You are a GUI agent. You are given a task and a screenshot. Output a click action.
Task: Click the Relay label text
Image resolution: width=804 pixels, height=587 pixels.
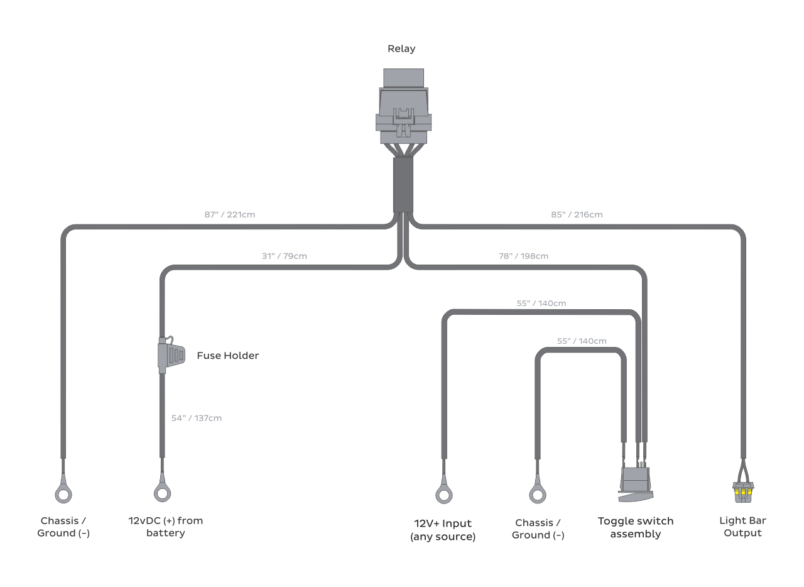(x=401, y=48)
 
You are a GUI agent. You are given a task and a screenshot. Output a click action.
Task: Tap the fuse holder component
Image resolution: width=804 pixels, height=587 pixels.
(x=171, y=355)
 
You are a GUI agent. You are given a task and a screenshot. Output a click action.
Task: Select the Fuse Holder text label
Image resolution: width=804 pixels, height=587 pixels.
(x=227, y=356)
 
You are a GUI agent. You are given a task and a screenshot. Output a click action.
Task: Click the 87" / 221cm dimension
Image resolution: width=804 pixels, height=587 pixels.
(x=230, y=214)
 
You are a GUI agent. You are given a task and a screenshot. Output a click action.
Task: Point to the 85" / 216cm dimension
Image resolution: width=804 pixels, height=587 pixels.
(x=577, y=214)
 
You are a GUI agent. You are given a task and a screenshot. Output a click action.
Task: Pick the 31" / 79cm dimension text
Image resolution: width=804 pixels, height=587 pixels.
(x=285, y=256)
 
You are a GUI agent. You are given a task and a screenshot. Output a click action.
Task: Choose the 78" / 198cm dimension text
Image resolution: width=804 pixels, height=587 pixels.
(x=524, y=256)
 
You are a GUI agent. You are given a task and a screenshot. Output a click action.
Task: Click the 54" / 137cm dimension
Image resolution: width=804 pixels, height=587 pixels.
(x=197, y=418)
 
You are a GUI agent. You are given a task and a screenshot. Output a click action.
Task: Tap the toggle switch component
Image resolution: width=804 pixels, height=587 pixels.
(x=636, y=484)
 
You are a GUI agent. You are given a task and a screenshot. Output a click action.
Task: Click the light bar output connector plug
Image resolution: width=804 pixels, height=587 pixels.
(x=743, y=491)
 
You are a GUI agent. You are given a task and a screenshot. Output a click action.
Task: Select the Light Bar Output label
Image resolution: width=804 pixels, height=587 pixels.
(x=742, y=527)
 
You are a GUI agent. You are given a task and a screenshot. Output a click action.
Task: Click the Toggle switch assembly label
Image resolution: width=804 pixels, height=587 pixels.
(x=636, y=527)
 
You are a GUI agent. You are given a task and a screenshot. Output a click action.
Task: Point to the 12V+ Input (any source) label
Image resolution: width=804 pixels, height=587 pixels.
(x=443, y=530)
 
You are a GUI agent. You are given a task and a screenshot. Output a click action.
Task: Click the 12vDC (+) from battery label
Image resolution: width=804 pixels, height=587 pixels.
(x=166, y=527)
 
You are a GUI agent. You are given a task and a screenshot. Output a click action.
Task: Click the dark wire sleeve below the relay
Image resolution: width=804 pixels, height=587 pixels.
(x=403, y=185)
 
